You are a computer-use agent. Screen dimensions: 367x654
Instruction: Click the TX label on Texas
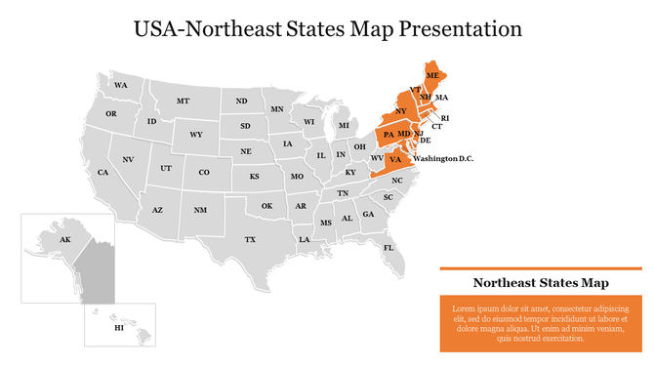pos(250,239)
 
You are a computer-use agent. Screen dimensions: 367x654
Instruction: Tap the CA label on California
pos(102,173)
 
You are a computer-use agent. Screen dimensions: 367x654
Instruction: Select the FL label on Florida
pos(388,248)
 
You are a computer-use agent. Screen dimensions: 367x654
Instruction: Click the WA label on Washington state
pos(121,86)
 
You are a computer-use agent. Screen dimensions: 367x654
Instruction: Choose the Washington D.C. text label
pos(443,158)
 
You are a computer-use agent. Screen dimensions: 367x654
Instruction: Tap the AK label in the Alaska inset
pos(65,239)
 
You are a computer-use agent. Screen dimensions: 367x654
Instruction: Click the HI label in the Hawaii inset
pos(119,329)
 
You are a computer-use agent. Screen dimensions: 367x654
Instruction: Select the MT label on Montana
pos(183,102)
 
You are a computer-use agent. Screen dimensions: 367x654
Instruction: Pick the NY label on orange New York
pos(400,111)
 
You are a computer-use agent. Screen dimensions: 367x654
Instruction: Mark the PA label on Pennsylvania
pos(388,135)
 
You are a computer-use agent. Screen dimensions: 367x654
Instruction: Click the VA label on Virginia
pos(395,159)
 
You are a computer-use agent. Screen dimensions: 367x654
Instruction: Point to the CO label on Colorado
pos(204,173)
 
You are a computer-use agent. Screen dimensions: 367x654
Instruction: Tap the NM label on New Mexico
pos(200,210)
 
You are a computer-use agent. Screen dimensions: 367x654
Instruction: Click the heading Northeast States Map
pos(541,283)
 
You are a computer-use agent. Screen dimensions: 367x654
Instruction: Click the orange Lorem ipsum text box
pos(541,323)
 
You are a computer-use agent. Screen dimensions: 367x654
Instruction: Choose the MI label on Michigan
pos(344,126)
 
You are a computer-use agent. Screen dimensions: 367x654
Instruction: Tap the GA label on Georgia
pos(368,215)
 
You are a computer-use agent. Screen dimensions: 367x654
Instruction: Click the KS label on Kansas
pos(254,177)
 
